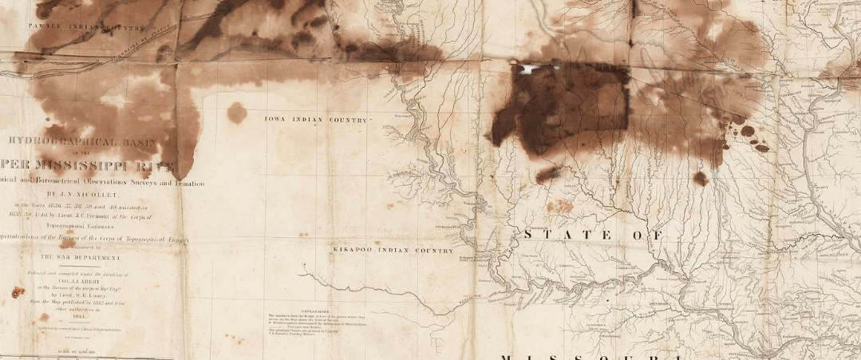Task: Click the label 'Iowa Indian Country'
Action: click(x=317, y=120)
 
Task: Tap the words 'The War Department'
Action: click(x=81, y=259)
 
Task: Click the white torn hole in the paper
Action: click(x=528, y=69)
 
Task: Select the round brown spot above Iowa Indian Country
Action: click(x=237, y=113)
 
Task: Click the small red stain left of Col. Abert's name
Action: click(x=17, y=292)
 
